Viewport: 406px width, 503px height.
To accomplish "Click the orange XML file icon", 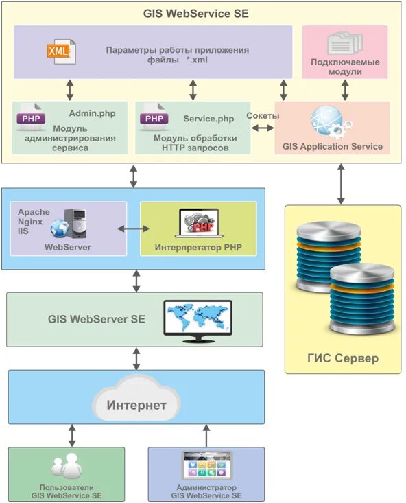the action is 61,51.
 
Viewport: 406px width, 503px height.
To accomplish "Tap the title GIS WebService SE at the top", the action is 196,14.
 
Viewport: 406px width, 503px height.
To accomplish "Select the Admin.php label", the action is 93,113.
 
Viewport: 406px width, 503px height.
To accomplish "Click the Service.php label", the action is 208,119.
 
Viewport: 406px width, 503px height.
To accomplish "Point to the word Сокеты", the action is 263,115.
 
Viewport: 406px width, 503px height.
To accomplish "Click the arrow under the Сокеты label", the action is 263,128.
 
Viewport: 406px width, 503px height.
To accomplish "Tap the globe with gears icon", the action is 332,123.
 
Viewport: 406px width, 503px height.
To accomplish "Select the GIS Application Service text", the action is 333,147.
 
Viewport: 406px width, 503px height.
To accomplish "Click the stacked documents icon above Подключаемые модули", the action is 345,43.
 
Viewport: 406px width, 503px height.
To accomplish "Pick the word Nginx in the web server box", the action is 30,222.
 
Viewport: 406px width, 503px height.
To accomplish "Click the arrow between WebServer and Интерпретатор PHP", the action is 134,229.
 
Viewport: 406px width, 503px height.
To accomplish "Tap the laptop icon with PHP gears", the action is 199,223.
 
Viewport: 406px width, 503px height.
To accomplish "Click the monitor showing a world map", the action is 198,321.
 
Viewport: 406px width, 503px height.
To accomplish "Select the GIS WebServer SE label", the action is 97,319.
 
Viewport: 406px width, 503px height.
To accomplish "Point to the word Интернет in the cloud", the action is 136,405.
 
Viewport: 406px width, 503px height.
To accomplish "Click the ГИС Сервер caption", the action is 343,358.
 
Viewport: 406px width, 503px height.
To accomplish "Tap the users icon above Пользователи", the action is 67,466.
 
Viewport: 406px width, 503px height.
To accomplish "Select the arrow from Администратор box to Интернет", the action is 206,436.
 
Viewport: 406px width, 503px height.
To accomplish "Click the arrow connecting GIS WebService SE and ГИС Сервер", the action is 341,184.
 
